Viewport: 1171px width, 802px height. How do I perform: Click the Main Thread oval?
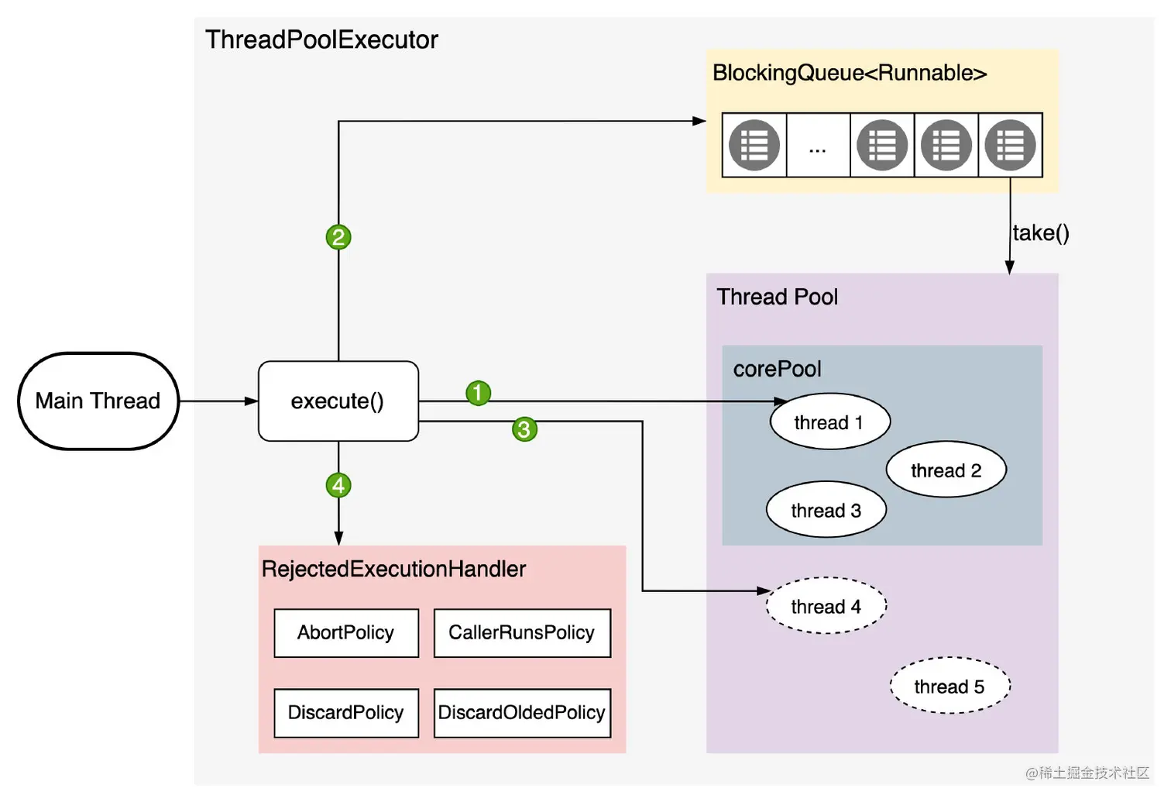[98, 401]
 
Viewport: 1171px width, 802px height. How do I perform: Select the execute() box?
[338, 401]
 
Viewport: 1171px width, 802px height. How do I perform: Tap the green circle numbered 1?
[478, 393]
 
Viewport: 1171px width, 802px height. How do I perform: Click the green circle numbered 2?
[338, 237]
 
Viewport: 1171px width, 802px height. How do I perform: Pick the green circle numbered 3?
[524, 429]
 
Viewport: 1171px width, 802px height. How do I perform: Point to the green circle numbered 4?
[338, 485]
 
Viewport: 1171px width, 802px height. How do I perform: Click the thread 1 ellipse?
[829, 421]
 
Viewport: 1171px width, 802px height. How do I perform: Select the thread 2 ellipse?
[946, 470]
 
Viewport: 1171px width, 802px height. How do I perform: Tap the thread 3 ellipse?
[826, 510]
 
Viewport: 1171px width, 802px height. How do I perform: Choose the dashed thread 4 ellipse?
[826, 606]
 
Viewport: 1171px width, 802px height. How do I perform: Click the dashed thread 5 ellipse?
[950, 685]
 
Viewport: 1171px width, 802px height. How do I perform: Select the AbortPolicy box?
[346, 633]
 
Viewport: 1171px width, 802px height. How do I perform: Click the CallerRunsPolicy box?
[522, 633]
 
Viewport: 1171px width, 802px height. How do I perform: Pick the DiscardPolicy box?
[346, 713]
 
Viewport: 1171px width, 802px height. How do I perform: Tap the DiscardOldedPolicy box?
[522, 713]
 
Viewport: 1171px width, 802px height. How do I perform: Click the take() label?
[1040, 233]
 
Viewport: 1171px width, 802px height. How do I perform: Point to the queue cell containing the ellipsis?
[818, 145]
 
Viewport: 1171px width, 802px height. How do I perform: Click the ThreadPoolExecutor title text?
[321, 40]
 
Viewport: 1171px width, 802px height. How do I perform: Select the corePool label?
[777, 370]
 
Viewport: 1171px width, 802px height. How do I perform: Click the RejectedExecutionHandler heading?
[393, 570]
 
